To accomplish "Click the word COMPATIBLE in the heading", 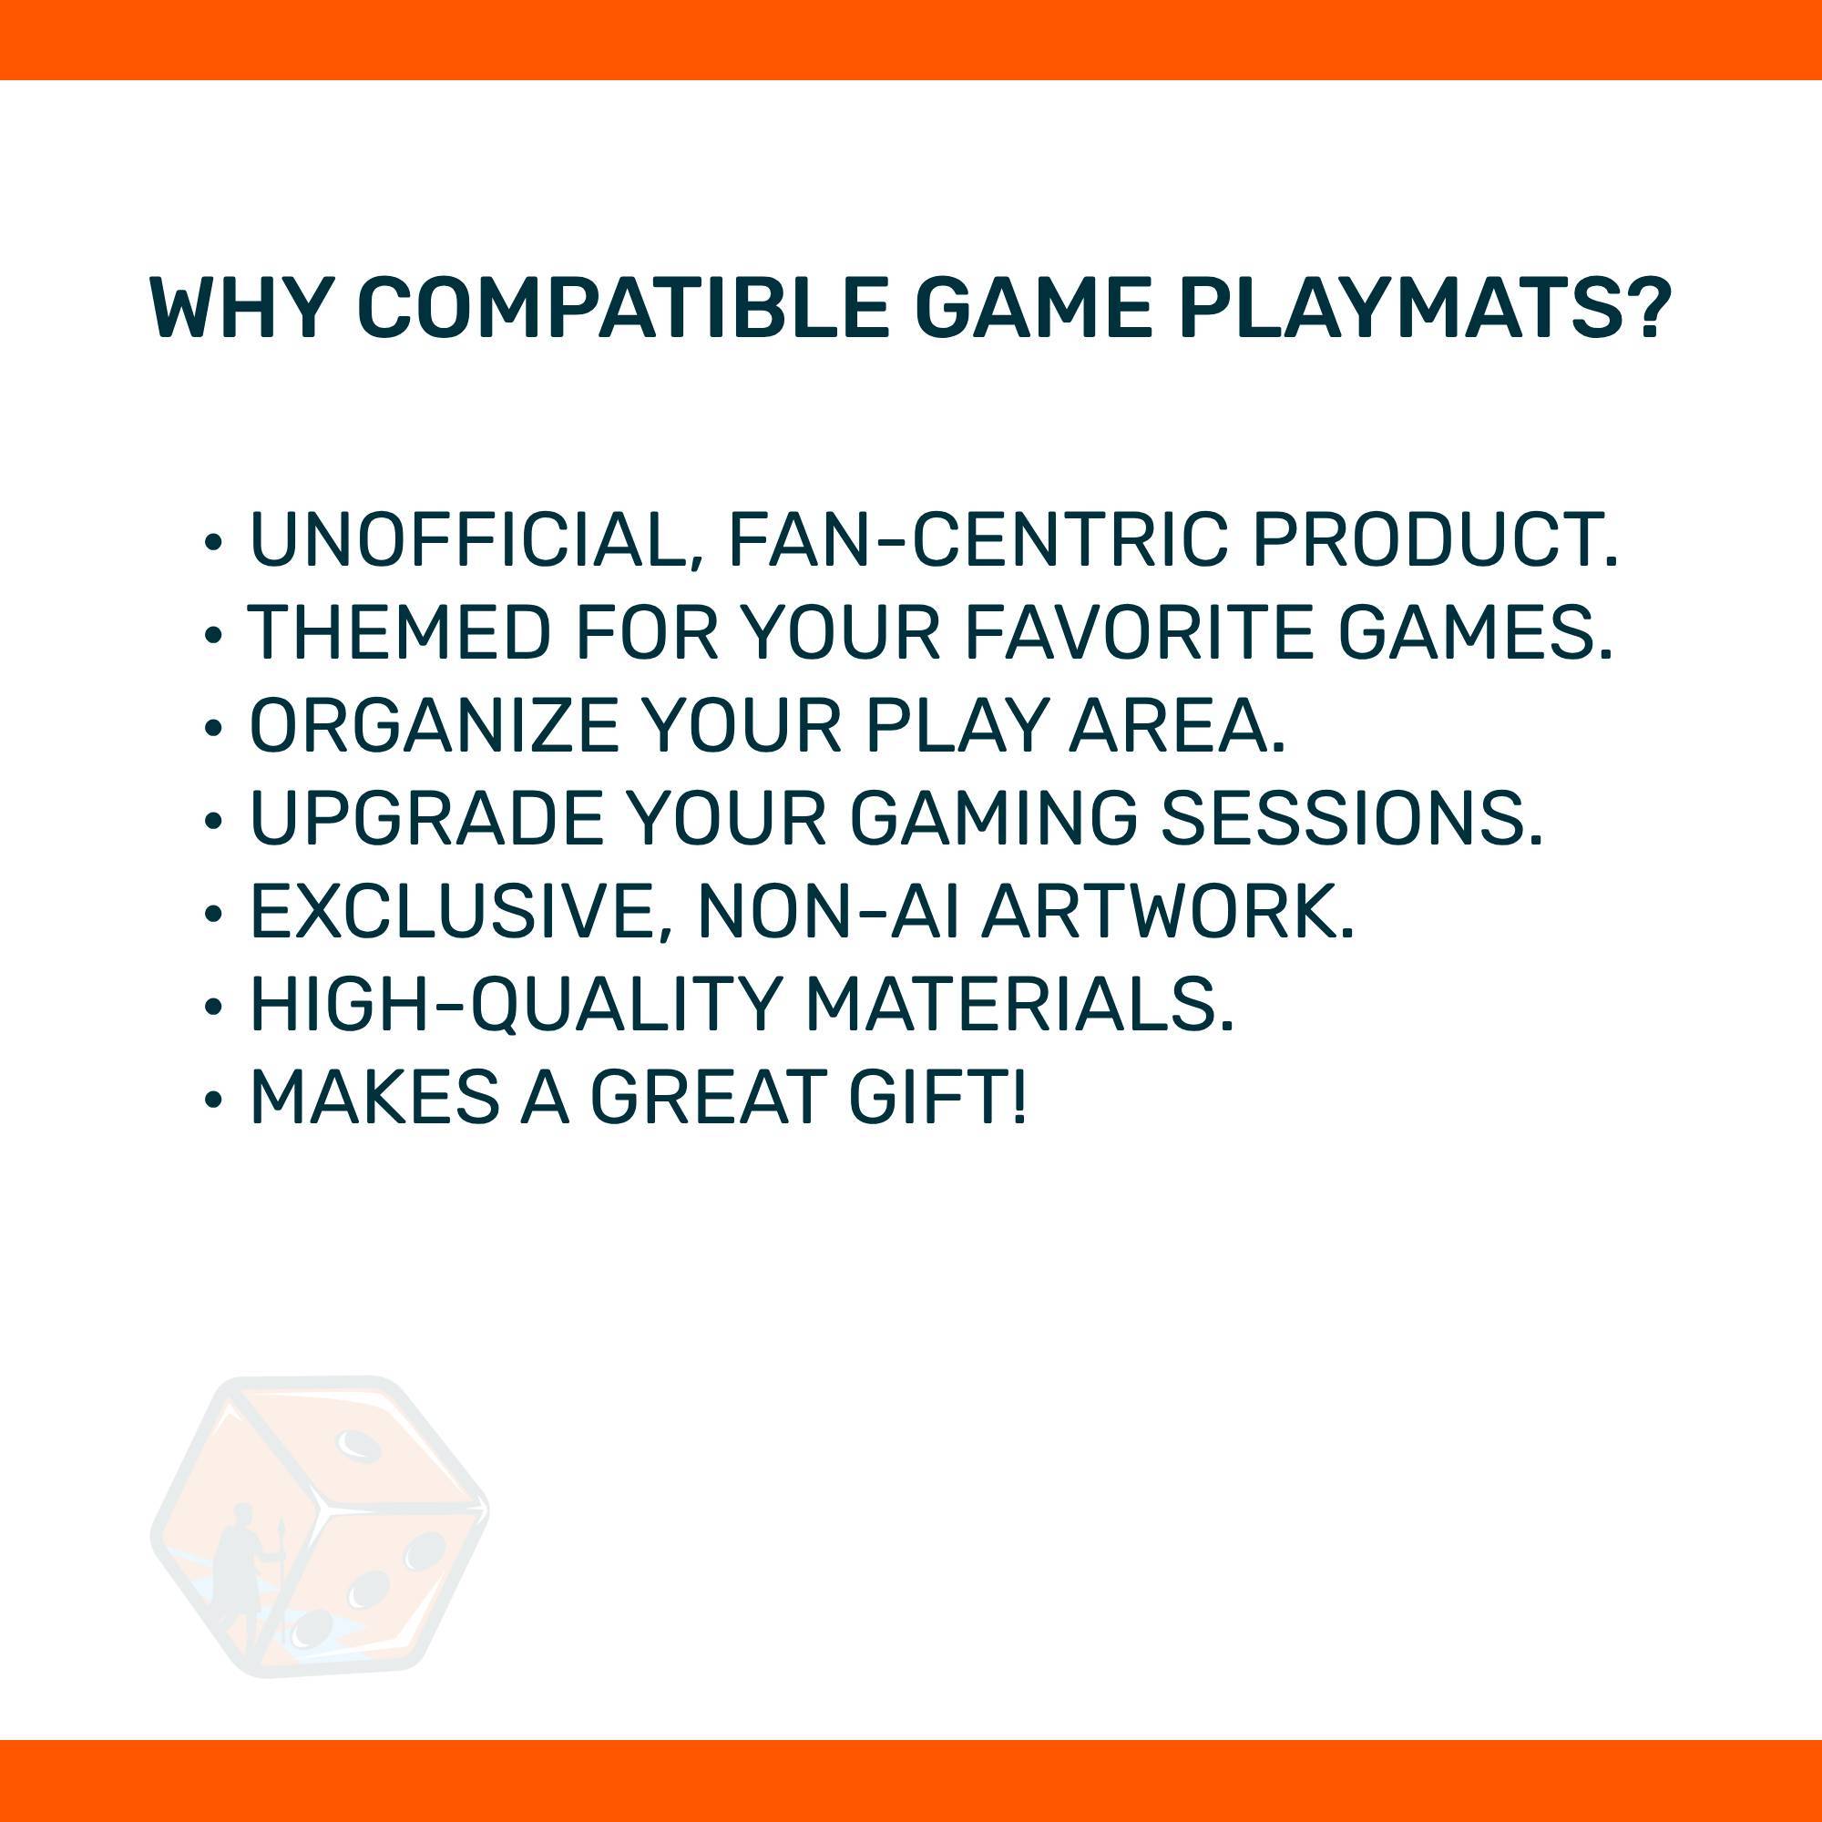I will pyautogui.click(x=623, y=309).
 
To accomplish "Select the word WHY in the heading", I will pyautogui.click(x=241, y=309).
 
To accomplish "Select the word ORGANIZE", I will pyautogui.click(x=434, y=725).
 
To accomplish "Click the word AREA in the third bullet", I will pyautogui.click(x=1176, y=725).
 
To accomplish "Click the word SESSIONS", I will pyautogui.click(x=1350, y=818).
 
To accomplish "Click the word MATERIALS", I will pyautogui.click(x=1018, y=1003).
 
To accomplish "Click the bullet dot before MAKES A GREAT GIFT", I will pyautogui.click(x=213, y=1100).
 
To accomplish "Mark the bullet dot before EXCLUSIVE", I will pyautogui.click(x=213, y=914).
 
